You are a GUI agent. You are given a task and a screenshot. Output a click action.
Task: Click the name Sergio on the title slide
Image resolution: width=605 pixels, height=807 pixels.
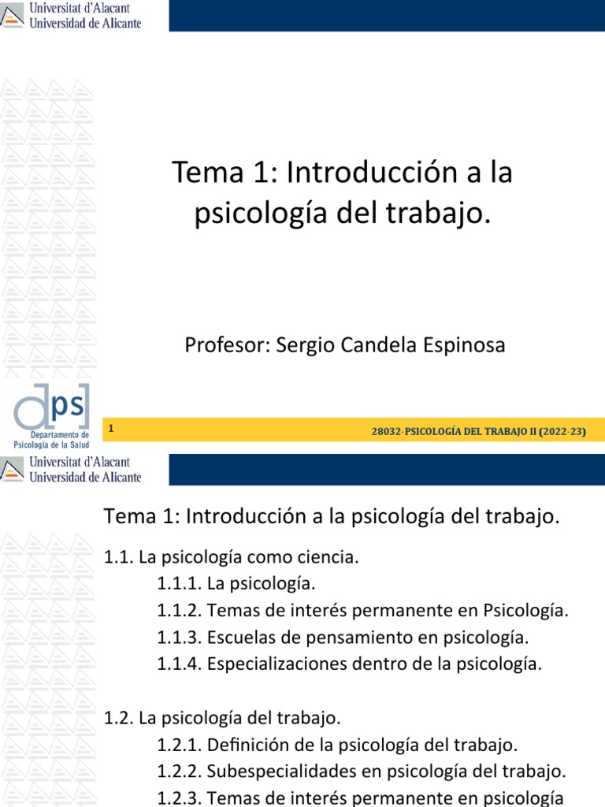pyautogui.click(x=302, y=345)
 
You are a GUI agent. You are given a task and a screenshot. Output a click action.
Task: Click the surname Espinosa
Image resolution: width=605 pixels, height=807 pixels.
pyautogui.click(x=469, y=345)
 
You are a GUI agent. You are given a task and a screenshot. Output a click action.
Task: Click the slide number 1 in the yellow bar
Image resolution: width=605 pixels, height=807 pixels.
pyautogui.click(x=113, y=429)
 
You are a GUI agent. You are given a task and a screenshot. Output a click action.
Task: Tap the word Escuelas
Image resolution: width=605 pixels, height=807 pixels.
pyautogui.click(x=239, y=637)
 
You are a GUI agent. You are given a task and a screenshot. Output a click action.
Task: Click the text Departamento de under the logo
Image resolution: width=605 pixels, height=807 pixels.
pyautogui.click(x=60, y=435)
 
